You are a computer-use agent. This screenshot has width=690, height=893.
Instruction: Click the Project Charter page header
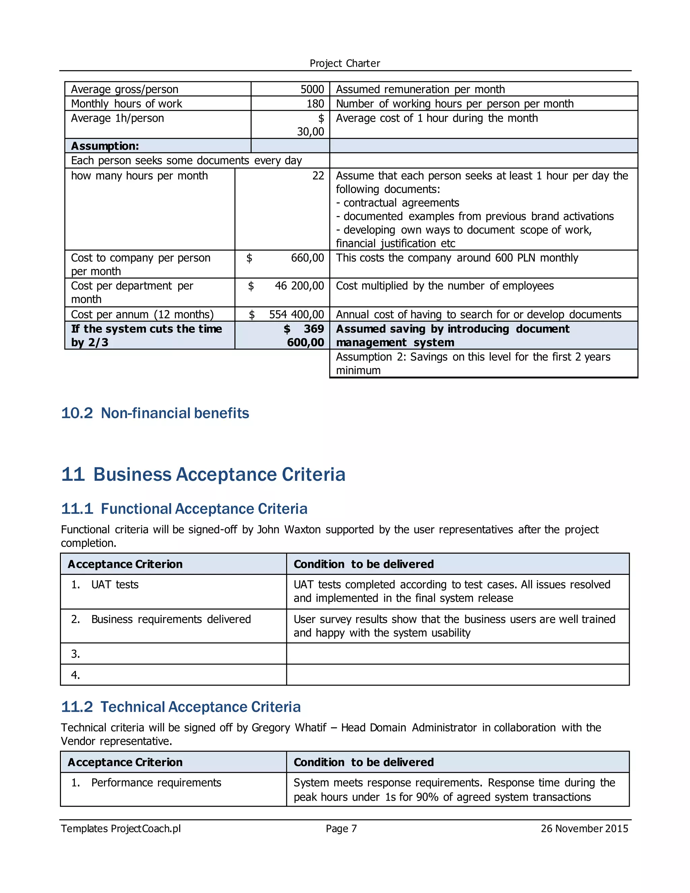pyautogui.click(x=345, y=63)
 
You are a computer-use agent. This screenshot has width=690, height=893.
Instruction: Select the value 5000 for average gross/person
pyautogui.click(x=312, y=89)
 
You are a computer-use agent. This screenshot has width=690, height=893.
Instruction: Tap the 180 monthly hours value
pyautogui.click(x=315, y=104)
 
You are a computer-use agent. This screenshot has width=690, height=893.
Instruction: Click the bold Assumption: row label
pyautogui.click(x=105, y=146)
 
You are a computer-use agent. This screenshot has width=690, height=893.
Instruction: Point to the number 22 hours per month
pyautogui.click(x=318, y=176)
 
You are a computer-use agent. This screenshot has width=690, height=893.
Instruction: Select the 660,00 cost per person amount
pyautogui.click(x=307, y=258)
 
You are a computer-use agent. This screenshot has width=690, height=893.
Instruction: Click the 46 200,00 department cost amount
pyautogui.click(x=299, y=286)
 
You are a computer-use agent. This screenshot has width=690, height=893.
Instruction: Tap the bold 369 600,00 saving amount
pyautogui.click(x=305, y=336)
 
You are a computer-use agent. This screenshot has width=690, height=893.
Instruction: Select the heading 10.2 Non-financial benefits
pyautogui.click(x=155, y=413)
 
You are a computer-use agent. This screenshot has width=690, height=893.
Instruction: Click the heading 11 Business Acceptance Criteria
pyautogui.click(x=203, y=474)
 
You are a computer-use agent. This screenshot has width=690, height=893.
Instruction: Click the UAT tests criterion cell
pyautogui.click(x=115, y=585)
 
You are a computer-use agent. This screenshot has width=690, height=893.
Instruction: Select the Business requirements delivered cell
pyautogui.click(x=170, y=619)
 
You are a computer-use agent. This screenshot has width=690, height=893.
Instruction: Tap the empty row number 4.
pyautogui.click(x=75, y=675)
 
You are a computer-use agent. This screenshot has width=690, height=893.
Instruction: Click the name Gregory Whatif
pyautogui.click(x=289, y=728)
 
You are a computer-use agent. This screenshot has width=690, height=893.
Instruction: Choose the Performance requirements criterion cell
pyautogui.click(x=156, y=782)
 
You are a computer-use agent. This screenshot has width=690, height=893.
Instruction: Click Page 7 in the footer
pyautogui.click(x=341, y=829)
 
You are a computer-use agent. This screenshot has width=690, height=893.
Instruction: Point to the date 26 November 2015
pyautogui.click(x=584, y=829)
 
